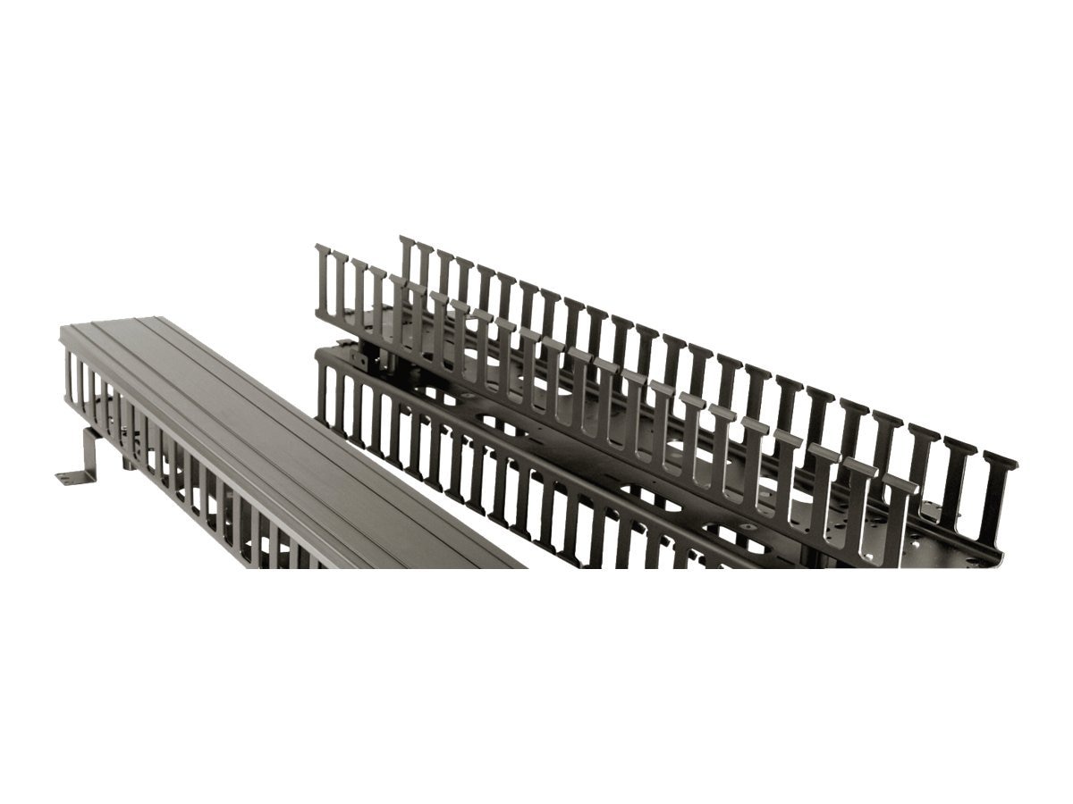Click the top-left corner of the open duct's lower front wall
pos(318,350)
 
